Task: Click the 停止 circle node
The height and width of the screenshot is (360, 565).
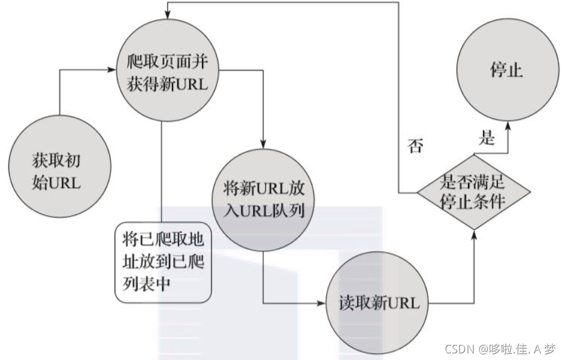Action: click(x=506, y=71)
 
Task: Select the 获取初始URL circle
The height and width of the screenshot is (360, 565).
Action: click(x=55, y=172)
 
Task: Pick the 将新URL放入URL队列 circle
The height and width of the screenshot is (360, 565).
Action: click(x=264, y=203)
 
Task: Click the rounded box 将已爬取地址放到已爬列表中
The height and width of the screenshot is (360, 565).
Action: click(x=163, y=262)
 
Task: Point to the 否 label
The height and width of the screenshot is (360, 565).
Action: click(x=415, y=146)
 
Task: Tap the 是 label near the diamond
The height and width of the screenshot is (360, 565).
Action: click(x=486, y=139)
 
